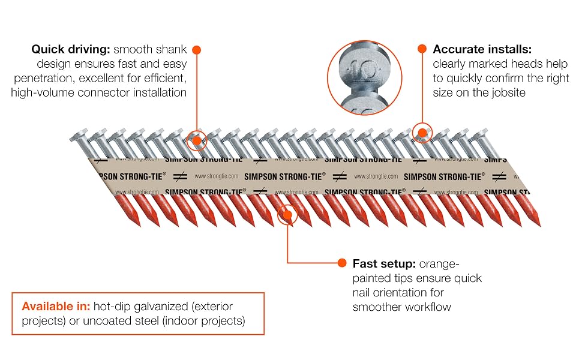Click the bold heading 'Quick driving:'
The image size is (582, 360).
tap(71, 49)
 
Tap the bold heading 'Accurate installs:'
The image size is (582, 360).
tap(482, 49)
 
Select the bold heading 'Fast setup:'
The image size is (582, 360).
tap(384, 263)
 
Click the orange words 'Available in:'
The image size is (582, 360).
tap(56, 306)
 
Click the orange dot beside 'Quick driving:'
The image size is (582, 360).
tap(197, 50)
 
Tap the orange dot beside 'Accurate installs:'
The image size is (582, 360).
tap(422, 49)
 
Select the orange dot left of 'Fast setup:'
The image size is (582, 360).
tap(342, 263)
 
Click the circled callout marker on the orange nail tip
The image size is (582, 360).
tap(287, 215)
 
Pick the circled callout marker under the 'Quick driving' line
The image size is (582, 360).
tap(196, 140)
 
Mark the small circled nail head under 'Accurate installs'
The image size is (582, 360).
tap(422, 133)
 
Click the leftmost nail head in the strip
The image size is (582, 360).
tap(79, 136)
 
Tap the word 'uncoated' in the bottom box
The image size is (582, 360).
tap(107, 320)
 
